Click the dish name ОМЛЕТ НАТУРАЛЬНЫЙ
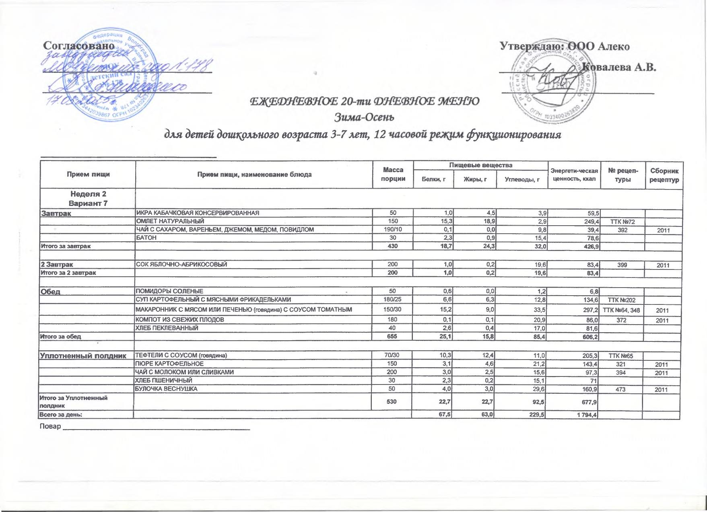(169, 221)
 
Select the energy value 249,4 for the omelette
(589, 222)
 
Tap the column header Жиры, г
(475, 180)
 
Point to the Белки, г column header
(433, 180)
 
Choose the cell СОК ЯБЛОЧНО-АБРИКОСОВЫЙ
(181, 265)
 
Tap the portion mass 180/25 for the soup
(392, 300)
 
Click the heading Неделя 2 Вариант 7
(88, 199)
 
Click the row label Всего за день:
(60, 415)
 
